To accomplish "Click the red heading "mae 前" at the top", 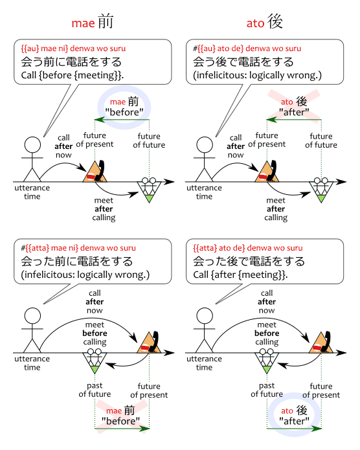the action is pyautogui.click(x=93, y=22).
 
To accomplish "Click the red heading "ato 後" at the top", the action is pyautogui.click(x=264, y=22).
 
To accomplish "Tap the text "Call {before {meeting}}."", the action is pyautogui.click(x=73, y=75).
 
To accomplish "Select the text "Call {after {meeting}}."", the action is pyautogui.click(x=240, y=275).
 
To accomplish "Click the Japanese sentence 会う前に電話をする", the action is pyautogui.click(x=71, y=62).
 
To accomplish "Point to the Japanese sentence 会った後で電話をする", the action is pyautogui.click(x=249, y=261).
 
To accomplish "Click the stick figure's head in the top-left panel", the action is pyautogui.click(x=32, y=144).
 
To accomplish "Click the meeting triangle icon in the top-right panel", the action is pyautogui.click(x=321, y=190).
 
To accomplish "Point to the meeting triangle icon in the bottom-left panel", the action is pyautogui.click(x=95, y=361).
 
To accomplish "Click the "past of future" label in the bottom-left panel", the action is pyautogui.click(x=95, y=390).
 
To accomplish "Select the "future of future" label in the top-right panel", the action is pyautogui.click(x=321, y=141).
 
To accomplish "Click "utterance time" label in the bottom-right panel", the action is pyautogui.click(x=204, y=363).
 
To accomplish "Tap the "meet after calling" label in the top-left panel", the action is pyautogui.click(x=104, y=209).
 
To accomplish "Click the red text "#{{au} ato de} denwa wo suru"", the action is pyautogui.click(x=247, y=48).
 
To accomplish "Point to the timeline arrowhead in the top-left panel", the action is pyautogui.click(x=170, y=182).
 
